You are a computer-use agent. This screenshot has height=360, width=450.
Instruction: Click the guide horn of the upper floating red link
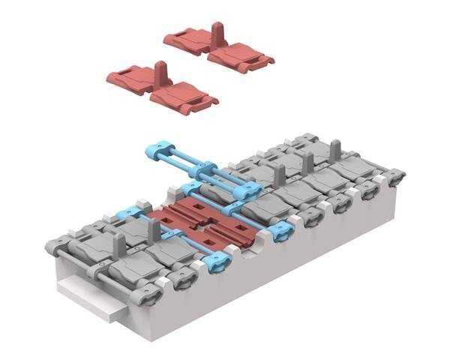tap(217, 32)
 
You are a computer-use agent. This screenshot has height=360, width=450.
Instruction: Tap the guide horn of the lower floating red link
tap(160, 71)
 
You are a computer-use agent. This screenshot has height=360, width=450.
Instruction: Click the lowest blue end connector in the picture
tap(215, 262)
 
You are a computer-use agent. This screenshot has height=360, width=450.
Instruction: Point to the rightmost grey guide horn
tap(335, 148)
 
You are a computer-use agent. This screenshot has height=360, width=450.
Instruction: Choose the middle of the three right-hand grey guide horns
tap(307, 162)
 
